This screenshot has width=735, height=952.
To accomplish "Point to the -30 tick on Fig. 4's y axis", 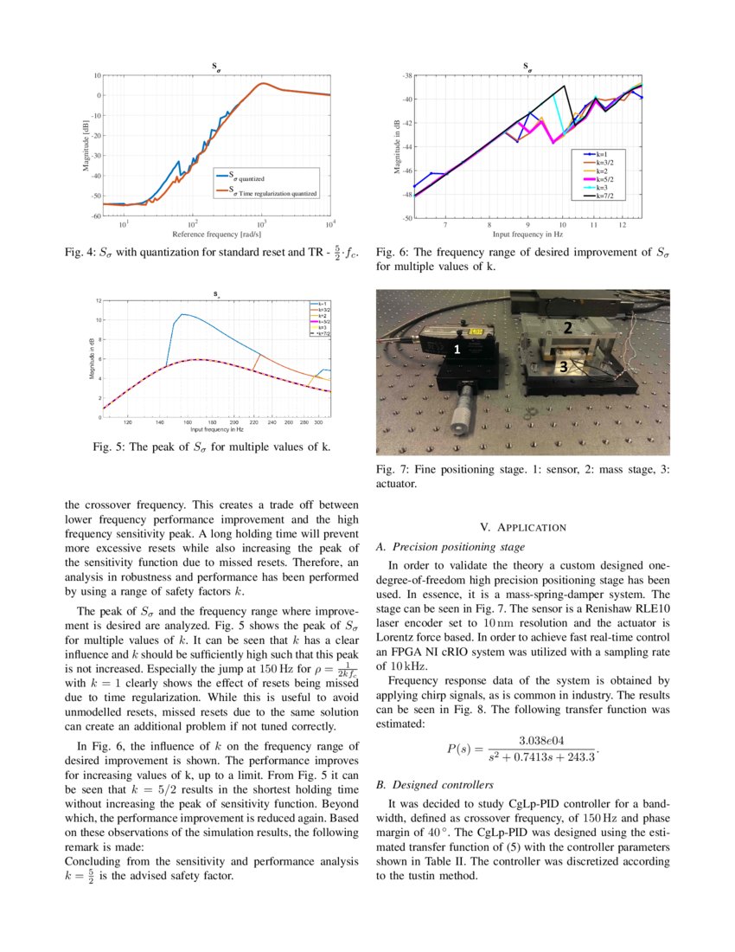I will coord(97,156).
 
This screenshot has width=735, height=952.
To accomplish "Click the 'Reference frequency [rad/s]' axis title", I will coord(216,234).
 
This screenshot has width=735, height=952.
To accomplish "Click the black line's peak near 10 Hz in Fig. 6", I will coord(565,86).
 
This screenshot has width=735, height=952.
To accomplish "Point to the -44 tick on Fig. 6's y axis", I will coord(405,146).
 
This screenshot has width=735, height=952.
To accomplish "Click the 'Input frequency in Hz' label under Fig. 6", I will coord(527,234).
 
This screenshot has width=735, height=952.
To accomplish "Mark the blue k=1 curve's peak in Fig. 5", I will coord(182,314).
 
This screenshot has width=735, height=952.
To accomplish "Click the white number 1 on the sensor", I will coord(456,349).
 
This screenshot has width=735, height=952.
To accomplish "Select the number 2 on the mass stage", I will coord(567,328).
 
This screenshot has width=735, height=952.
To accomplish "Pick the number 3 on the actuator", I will coord(563,367).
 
